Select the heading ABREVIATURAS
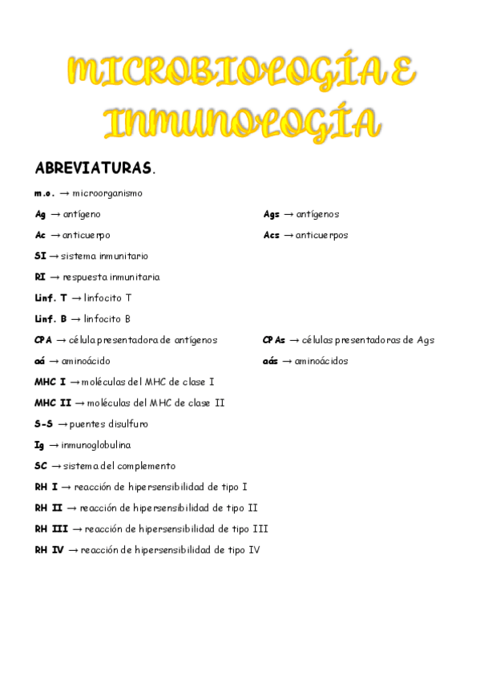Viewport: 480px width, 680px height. pyautogui.click(x=93, y=168)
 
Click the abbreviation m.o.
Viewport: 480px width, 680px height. pyautogui.click(x=44, y=193)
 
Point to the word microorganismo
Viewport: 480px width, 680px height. pyautogui.click(x=107, y=193)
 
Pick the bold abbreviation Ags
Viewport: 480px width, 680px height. pyautogui.click(x=272, y=214)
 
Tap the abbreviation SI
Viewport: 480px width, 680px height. pyautogui.click(x=40, y=256)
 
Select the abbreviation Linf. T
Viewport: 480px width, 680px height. pyautogui.click(x=51, y=297)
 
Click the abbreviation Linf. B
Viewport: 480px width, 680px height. pyautogui.click(x=51, y=318)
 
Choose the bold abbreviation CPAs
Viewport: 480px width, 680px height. pyautogui.click(x=274, y=339)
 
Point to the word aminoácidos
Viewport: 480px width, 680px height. pyautogui.click(x=321, y=361)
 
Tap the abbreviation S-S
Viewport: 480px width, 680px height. pyautogui.click(x=44, y=423)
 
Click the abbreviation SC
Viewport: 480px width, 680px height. pyautogui.click(x=41, y=465)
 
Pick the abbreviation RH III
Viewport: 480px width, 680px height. pyautogui.click(x=51, y=528)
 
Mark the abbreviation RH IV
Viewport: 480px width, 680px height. pyautogui.click(x=49, y=549)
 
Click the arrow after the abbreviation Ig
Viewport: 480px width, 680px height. pyautogui.click(x=54, y=444)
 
